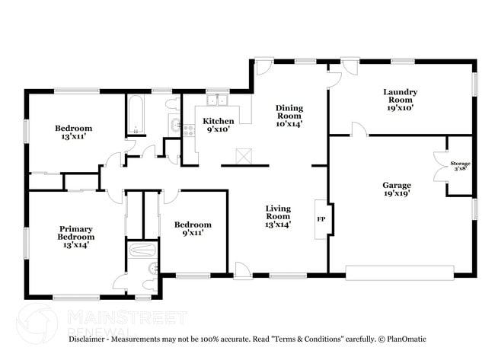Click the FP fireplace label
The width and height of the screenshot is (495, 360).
(320, 219)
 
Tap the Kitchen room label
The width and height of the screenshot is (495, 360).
(218, 125)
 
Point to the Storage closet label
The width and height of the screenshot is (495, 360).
(461, 165)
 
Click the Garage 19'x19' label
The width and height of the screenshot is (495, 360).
(396, 189)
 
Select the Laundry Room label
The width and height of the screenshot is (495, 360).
(400, 100)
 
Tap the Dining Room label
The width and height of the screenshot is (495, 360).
(289, 115)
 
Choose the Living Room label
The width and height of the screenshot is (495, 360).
(277, 216)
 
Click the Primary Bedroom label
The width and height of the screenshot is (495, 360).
(75, 236)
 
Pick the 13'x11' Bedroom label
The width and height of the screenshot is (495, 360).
(73, 132)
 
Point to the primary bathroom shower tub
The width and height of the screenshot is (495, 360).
(142, 250)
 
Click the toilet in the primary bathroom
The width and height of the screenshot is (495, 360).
(152, 267)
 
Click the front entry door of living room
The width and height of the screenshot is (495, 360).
(243, 269)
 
